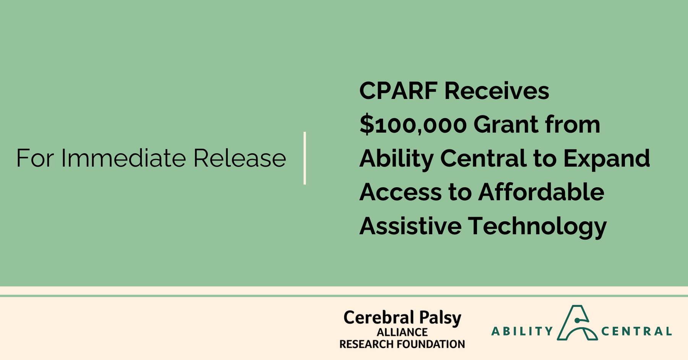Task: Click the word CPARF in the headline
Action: point(398,91)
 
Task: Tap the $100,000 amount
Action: point(413,125)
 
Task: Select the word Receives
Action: point(497,91)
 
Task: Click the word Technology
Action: point(537,226)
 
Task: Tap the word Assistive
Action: point(411,225)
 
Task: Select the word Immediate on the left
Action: point(123,158)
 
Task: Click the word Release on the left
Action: point(240,158)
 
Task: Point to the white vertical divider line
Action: point(305,158)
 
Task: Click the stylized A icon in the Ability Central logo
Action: point(577,323)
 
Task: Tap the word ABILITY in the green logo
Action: point(522,331)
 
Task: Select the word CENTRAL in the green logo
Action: point(636,331)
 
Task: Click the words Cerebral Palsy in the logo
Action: point(402,318)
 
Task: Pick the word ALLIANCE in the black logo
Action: point(402,332)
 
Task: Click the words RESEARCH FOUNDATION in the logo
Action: point(402,344)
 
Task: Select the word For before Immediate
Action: point(35,158)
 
